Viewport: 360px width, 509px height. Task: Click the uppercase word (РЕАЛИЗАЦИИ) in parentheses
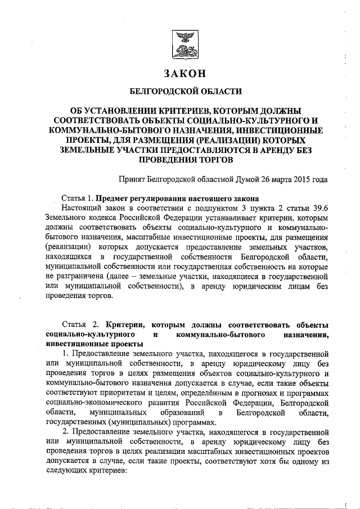[233, 139]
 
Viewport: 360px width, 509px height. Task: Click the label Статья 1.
[77, 199]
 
